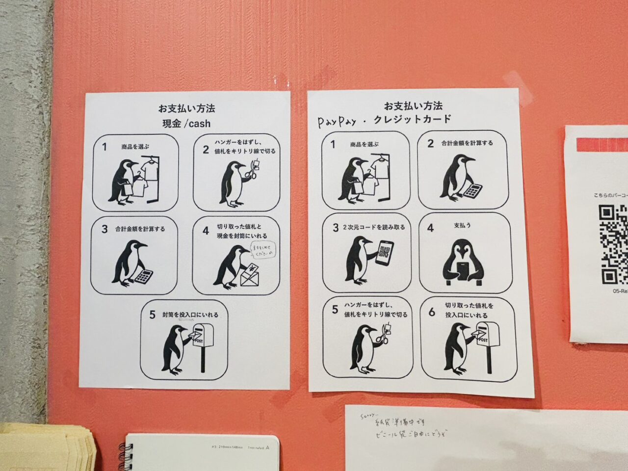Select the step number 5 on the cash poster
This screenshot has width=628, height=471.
(x=153, y=315)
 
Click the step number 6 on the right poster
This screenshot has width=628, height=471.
(x=432, y=312)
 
